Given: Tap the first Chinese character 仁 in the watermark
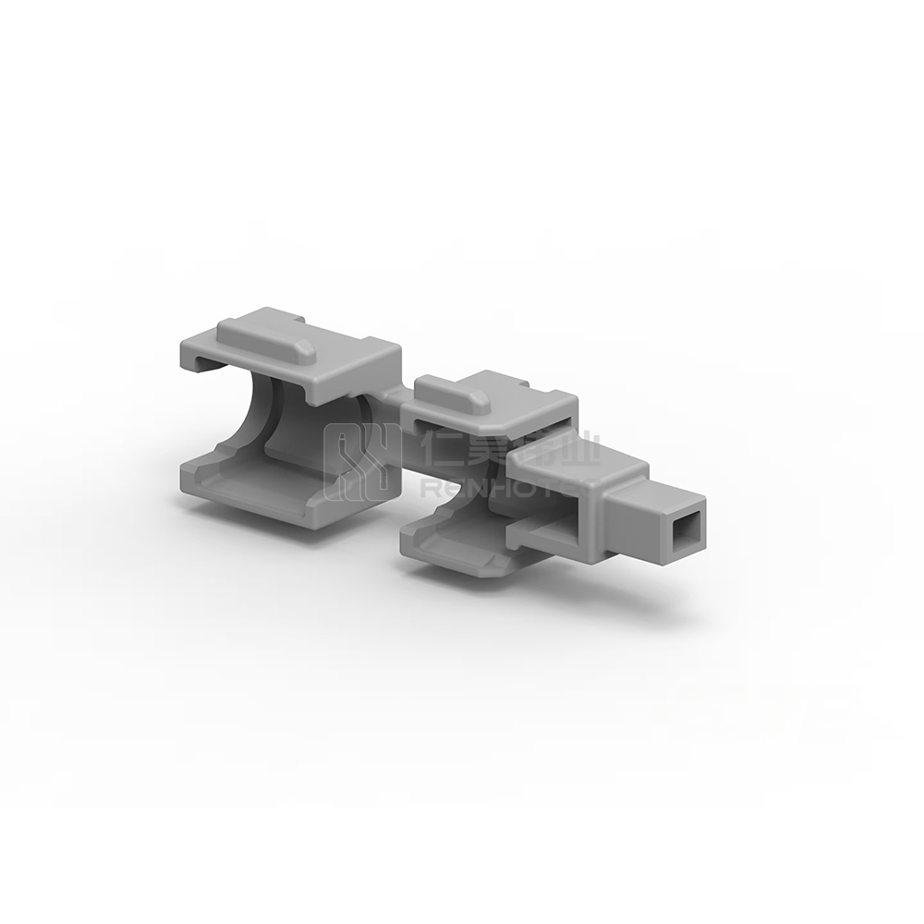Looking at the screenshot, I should tap(438, 450).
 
